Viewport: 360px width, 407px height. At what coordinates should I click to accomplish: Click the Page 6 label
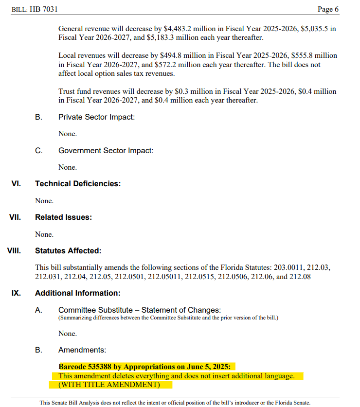click(328, 9)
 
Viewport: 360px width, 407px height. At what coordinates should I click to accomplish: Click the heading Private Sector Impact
click(96, 117)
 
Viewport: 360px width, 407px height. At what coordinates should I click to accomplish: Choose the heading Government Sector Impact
click(106, 151)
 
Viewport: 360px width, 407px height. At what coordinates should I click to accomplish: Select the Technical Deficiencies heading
click(77, 184)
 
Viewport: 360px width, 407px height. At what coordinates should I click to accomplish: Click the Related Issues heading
click(63, 217)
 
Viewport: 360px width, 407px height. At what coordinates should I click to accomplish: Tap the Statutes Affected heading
click(68, 251)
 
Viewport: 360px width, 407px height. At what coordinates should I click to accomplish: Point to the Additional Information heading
click(77, 293)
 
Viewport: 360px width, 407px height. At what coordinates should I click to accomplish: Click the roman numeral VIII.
click(14, 251)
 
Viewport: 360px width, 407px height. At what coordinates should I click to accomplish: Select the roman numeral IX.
click(16, 293)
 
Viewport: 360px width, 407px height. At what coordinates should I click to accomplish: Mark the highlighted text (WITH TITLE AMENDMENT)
click(109, 385)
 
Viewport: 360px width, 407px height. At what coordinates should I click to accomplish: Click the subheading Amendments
click(82, 350)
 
